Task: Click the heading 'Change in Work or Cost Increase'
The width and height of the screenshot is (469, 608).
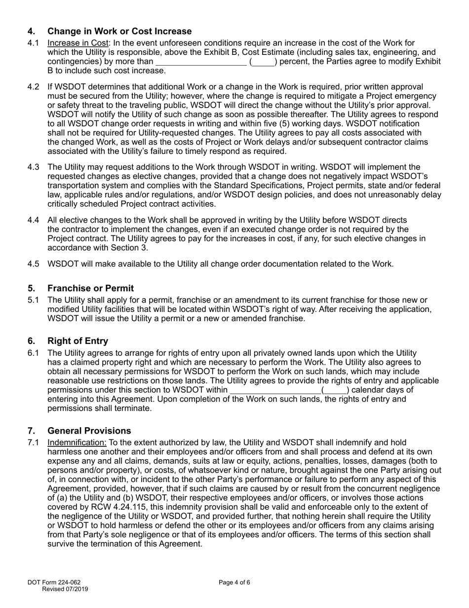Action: [119, 32]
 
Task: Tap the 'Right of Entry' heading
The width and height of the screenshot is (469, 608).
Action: [78, 341]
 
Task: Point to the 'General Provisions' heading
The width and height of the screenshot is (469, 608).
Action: [89, 431]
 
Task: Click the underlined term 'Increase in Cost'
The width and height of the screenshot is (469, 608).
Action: [78, 43]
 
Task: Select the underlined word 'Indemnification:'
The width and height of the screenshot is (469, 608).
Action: [77, 442]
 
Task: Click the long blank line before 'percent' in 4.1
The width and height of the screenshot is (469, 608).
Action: [201, 62]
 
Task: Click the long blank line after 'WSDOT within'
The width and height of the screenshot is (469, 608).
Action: [275, 390]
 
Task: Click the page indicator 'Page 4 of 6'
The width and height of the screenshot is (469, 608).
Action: [234, 582]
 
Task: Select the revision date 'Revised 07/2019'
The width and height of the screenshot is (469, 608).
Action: [65, 589]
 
